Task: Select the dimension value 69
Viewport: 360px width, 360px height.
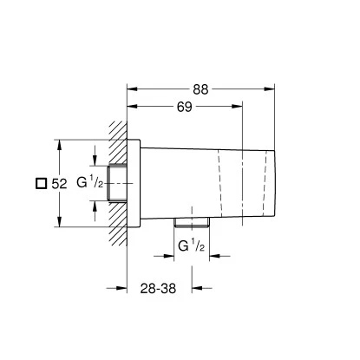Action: [x=184, y=106]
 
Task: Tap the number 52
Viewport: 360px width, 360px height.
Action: [x=60, y=183]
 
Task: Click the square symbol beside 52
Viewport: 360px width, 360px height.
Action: [x=40, y=183]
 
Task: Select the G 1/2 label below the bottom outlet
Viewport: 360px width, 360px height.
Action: [x=191, y=248]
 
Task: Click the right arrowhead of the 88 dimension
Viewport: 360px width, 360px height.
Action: [x=272, y=88]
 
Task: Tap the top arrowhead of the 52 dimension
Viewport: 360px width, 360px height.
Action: [x=57, y=143]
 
